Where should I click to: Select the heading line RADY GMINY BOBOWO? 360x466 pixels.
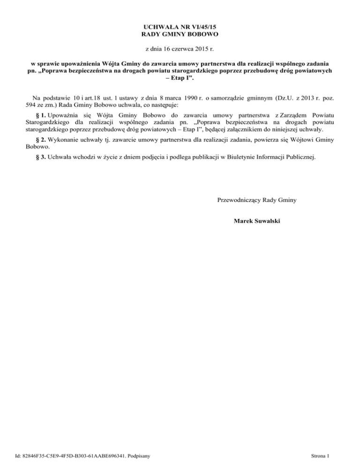click(180, 34)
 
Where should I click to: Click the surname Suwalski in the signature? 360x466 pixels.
click(267, 220)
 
